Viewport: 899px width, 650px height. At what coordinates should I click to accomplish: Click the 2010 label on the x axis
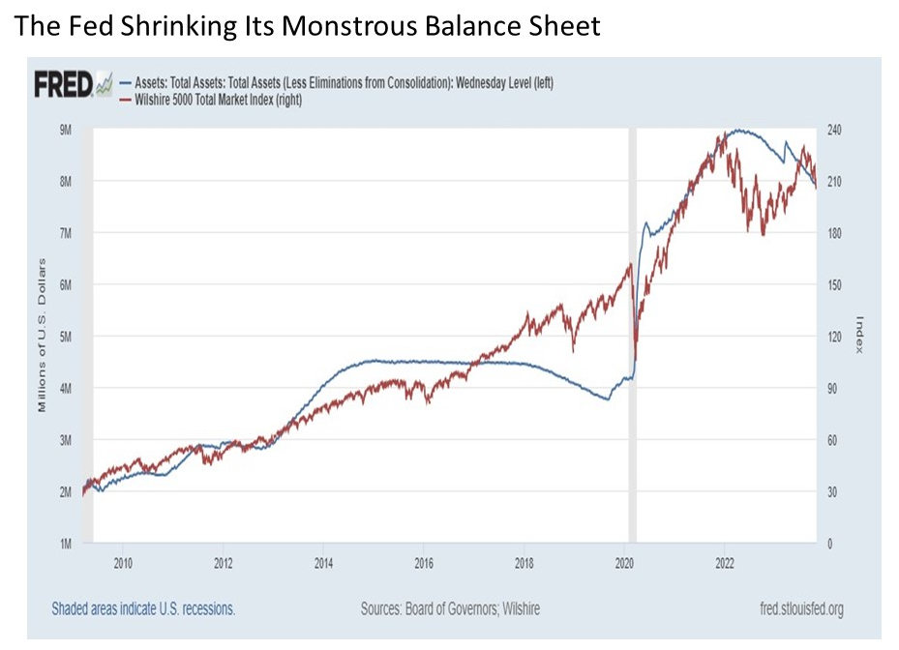point(123,560)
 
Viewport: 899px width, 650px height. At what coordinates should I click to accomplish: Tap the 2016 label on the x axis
point(424,560)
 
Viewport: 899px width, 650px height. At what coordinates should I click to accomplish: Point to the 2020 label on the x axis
point(624,560)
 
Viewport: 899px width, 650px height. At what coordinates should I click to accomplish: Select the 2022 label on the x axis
point(725,560)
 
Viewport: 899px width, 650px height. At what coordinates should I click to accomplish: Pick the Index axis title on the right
point(857,335)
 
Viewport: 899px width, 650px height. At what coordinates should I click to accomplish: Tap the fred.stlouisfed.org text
point(792,609)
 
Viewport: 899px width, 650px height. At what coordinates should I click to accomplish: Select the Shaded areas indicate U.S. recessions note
point(143,609)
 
